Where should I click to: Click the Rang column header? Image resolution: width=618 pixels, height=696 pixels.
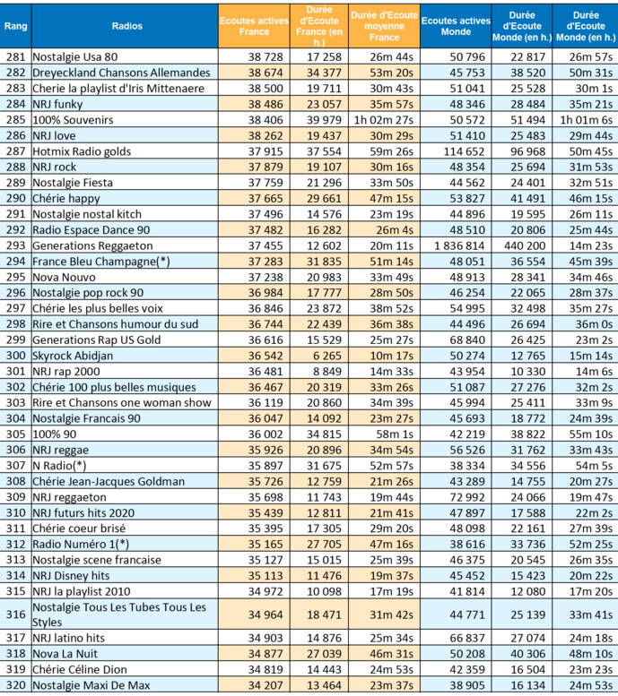click(x=15, y=26)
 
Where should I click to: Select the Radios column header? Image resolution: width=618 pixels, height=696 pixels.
click(x=124, y=26)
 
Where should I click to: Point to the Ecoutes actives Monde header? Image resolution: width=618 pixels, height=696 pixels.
click(x=456, y=26)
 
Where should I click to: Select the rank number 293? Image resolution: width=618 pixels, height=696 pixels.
click(x=15, y=245)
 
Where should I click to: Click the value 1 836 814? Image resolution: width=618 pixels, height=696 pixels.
click(x=455, y=245)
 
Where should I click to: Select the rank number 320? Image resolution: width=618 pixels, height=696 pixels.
click(x=15, y=685)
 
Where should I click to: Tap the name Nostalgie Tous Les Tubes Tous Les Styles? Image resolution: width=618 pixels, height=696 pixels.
click(x=119, y=614)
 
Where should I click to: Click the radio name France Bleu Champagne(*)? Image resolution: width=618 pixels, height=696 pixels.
click(x=101, y=261)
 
